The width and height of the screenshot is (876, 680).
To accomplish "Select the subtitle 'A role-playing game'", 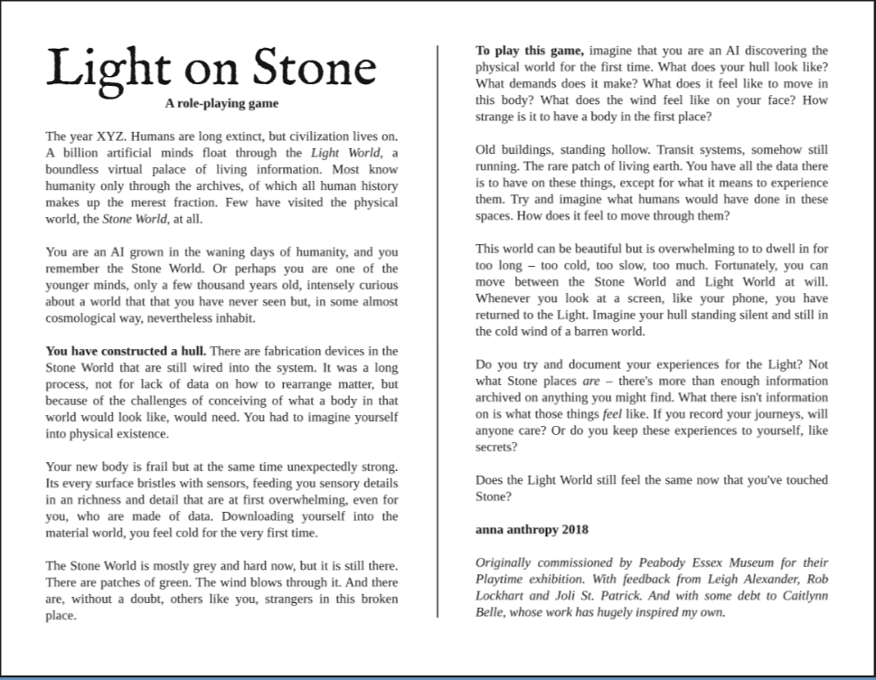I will coord(221,103).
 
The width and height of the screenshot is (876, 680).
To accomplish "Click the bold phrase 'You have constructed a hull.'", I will coord(126,351).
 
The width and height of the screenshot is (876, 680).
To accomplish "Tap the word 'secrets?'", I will coord(496,447).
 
